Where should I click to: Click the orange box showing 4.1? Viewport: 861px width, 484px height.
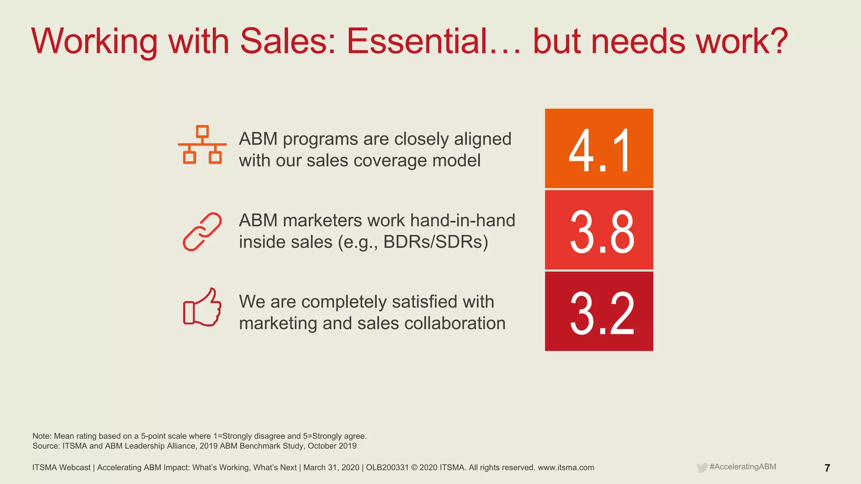point(599,148)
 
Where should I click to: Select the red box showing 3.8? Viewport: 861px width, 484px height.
point(599,230)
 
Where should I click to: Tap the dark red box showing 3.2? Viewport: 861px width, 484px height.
point(599,311)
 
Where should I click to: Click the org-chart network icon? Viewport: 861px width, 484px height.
point(202,145)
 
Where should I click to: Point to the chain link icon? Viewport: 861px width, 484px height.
point(202,231)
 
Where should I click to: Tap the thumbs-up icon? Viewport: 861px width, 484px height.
point(202,308)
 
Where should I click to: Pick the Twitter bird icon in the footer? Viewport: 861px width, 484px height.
point(702,468)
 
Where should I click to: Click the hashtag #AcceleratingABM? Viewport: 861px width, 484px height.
point(742,467)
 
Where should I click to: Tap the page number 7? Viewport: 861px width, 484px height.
point(827,468)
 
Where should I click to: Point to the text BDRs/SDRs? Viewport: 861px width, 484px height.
point(436,242)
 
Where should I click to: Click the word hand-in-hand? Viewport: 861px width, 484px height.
point(462,221)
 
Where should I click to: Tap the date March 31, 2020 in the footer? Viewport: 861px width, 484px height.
point(331,468)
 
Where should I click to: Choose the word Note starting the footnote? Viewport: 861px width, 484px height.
point(41,436)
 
